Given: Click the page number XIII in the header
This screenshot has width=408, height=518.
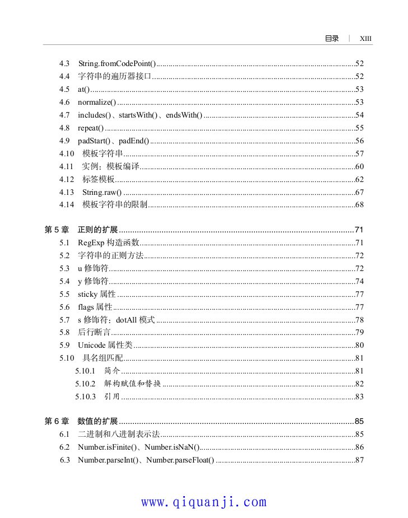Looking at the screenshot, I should tap(365, 39).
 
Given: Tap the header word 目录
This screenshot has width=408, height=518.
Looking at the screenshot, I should tap(332, 39).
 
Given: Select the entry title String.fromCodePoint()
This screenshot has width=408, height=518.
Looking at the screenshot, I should tap(117, 63).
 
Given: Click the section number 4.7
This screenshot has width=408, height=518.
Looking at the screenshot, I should tap(64, 115).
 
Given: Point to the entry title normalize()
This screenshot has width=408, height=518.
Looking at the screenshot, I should tap(97, 102).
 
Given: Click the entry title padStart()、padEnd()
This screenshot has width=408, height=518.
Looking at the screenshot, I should tap(113, 141).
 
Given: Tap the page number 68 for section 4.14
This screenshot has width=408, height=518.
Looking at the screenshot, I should tap(360, 205).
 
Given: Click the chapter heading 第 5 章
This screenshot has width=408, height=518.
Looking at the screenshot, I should tap(56, 230).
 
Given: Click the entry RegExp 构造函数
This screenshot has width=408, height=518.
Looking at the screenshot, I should tap(108, 242).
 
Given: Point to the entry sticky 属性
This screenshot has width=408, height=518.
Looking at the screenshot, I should tap(96, 294).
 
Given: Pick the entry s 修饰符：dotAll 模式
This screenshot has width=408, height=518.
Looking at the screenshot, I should tap(116, 320).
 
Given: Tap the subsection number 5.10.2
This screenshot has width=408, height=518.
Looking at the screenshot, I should tap(85, 384).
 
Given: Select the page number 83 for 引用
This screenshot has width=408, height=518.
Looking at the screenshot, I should tap(360, 396).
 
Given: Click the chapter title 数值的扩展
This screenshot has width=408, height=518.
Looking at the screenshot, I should tap(98, 421).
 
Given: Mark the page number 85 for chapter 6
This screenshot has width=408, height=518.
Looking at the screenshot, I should tap(360, 421).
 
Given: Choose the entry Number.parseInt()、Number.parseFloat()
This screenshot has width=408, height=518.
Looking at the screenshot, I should tap(146, 460).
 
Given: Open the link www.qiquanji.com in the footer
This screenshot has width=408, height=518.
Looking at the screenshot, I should tap(204, 502).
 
